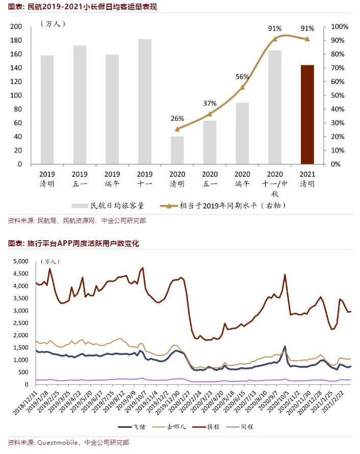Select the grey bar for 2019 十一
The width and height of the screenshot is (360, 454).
(145, 102)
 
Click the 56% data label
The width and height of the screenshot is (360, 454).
(242, 77)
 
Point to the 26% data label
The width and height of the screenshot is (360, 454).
(177, 119)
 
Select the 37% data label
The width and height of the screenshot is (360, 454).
(210, 104)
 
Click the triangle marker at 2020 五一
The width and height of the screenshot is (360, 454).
(210, 114)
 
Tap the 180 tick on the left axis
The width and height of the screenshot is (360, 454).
(16, 40)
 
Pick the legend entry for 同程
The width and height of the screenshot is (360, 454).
(250, 426)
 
